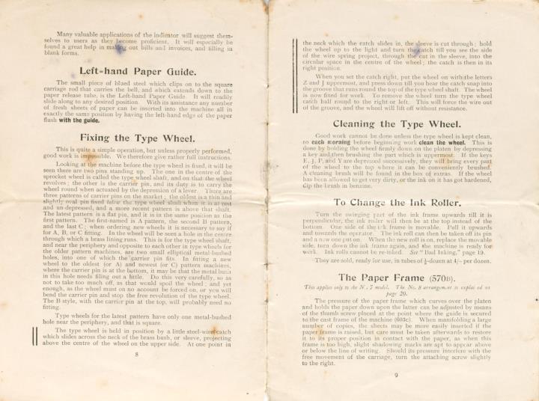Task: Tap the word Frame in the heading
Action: click(415, 276)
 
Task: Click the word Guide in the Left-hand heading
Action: click(177, 72)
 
